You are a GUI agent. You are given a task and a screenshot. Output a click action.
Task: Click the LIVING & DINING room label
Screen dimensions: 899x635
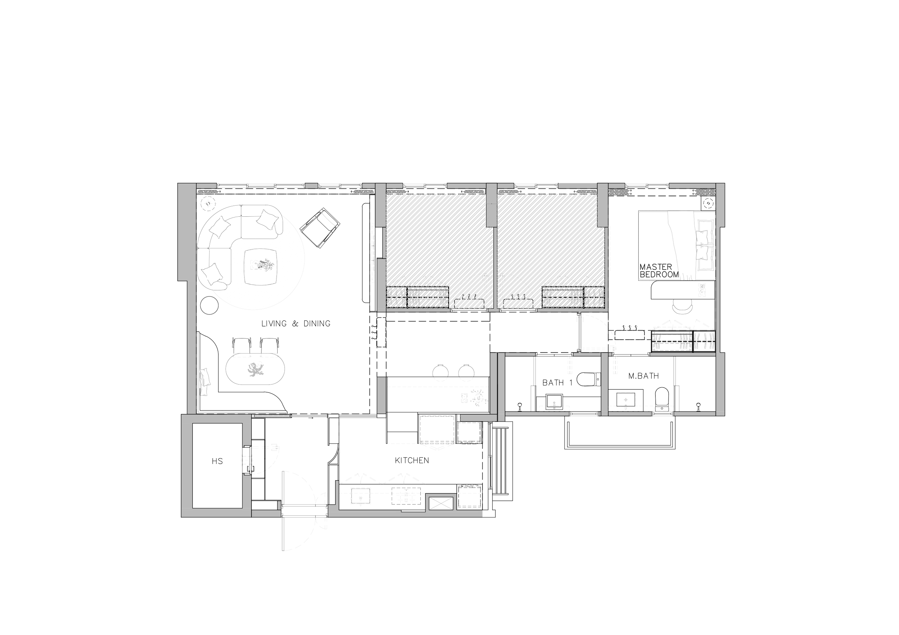coord(296,323)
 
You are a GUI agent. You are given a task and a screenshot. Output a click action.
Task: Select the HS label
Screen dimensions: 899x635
coord(217,462)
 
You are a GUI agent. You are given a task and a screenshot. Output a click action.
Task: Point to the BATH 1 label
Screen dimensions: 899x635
coord(557,382)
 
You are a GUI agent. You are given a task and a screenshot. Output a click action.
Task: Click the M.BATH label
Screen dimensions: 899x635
coord(643,376)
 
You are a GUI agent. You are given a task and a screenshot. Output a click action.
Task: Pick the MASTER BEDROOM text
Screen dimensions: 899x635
coord(659,271)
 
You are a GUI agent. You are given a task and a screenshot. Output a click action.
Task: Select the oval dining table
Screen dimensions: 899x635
coord(255,370)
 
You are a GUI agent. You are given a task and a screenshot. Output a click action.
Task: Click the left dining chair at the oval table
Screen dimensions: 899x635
coord(241,346)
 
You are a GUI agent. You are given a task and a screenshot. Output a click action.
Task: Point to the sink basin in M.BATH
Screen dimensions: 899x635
coord(625,400)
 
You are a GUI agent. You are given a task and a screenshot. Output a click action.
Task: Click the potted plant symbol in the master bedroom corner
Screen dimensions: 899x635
coord(708,203)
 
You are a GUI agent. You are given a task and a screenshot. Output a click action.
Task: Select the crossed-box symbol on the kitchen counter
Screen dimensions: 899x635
coord(441,502)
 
